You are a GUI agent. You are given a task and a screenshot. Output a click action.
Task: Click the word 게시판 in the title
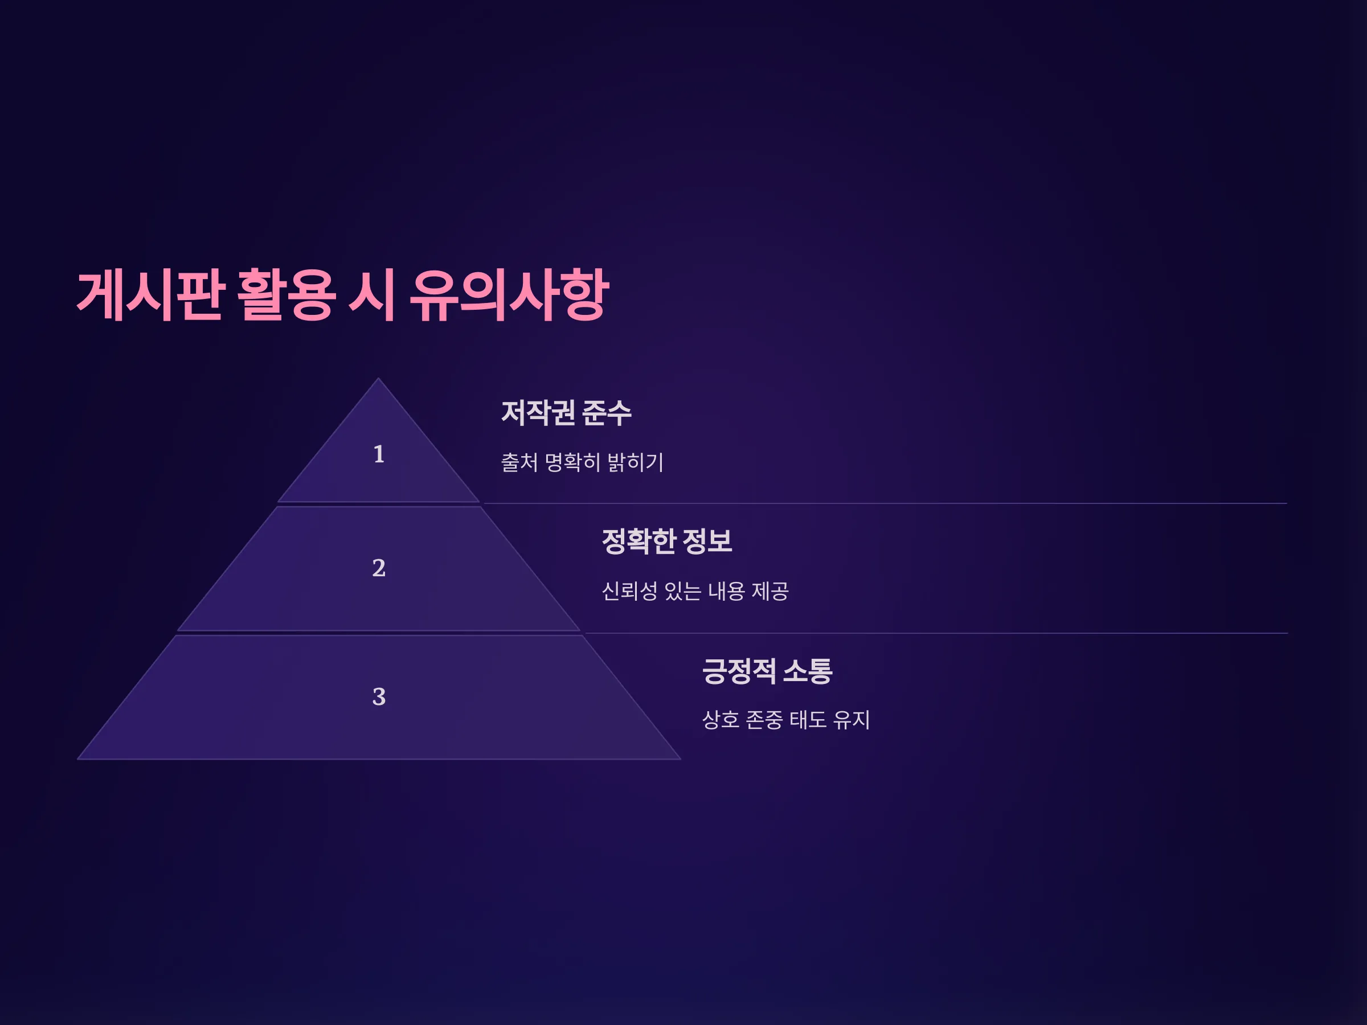[x=150, y=296]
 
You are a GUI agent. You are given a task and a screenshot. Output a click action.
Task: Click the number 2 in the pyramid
[x=379, y=568]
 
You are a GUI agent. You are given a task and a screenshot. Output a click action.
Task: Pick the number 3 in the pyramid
[x=379, y=697]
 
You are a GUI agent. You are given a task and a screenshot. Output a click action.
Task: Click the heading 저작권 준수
[x=566, y=413]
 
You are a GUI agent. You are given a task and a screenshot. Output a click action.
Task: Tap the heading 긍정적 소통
[x=767, y=671]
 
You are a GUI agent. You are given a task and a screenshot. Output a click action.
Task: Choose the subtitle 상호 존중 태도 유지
[x=786, y=720]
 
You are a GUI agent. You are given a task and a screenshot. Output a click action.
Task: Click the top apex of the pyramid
[x=378, y=378]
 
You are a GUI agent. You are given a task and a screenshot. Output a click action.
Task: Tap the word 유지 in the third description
[x=852, y=720]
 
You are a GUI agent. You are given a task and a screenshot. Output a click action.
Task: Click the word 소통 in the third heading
[x=808, y=671]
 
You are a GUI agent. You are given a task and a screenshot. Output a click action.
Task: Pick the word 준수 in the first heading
[x=607, y=413]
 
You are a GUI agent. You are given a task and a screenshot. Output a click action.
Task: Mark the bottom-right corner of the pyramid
[x=681, y=759]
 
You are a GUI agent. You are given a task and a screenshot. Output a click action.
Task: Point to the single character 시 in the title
[x=372, y=296]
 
